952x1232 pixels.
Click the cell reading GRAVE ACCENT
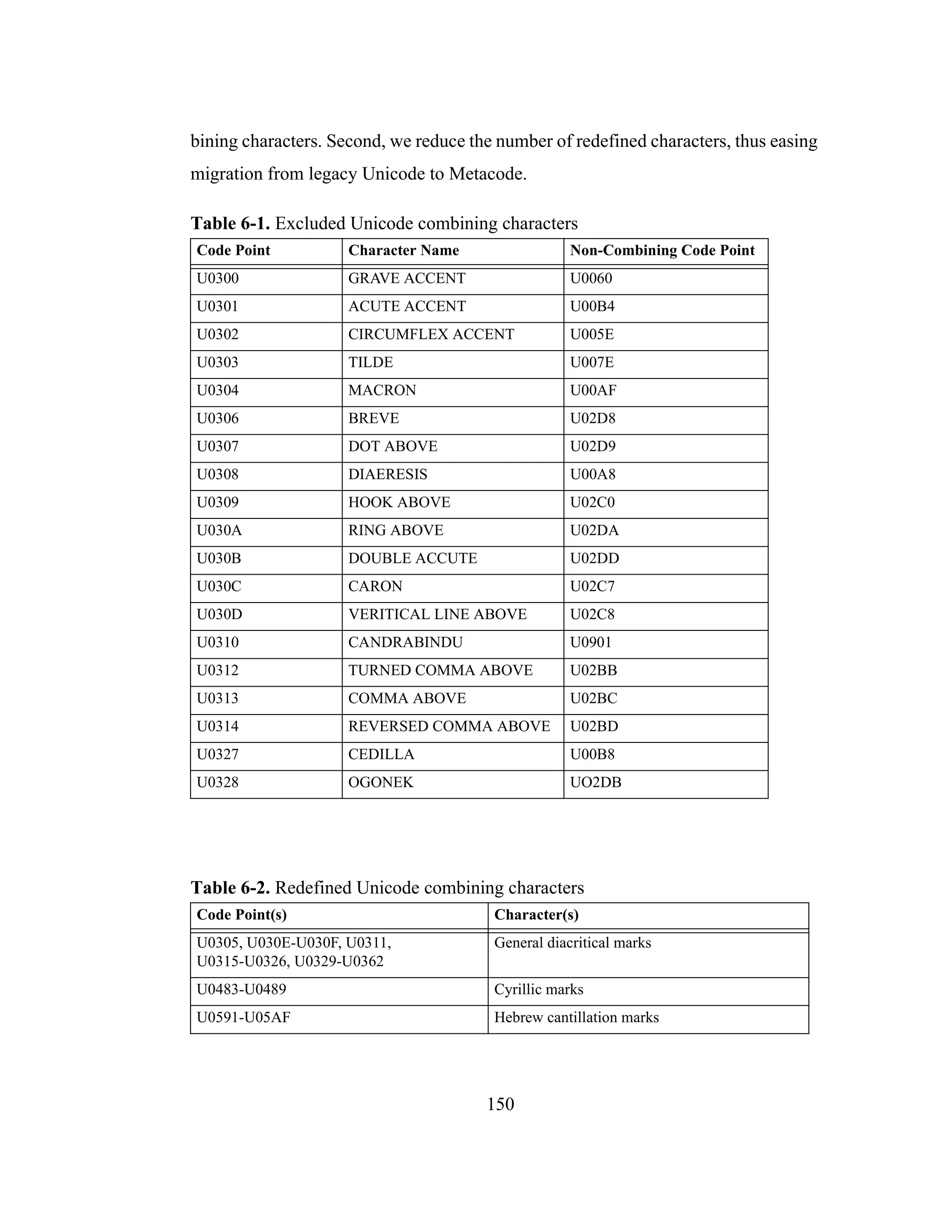(407, 278)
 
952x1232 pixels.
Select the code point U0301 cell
(218, 306)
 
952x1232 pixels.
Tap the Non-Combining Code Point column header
(661, 251)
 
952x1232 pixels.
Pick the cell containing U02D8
(592, 418)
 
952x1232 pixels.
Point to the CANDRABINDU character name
(405, 642)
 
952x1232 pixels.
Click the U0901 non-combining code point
(590, 642)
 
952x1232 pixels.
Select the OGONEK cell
(381, 782)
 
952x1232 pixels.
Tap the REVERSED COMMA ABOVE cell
(449, 727)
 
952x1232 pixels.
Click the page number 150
(500, 1104)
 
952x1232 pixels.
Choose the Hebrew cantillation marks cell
(576, 1018)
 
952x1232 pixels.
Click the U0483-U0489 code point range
(241, 989)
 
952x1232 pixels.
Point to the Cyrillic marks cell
(539, 989)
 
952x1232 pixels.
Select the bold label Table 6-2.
(230, 888)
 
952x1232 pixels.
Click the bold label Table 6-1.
(230, 223)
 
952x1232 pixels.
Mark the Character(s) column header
(536, 915)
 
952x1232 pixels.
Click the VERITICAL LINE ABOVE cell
(437, 614)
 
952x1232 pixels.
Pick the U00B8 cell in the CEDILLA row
(592, 755)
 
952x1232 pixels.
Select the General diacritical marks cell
(572, 943)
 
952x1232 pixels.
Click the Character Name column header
(403, 251)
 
